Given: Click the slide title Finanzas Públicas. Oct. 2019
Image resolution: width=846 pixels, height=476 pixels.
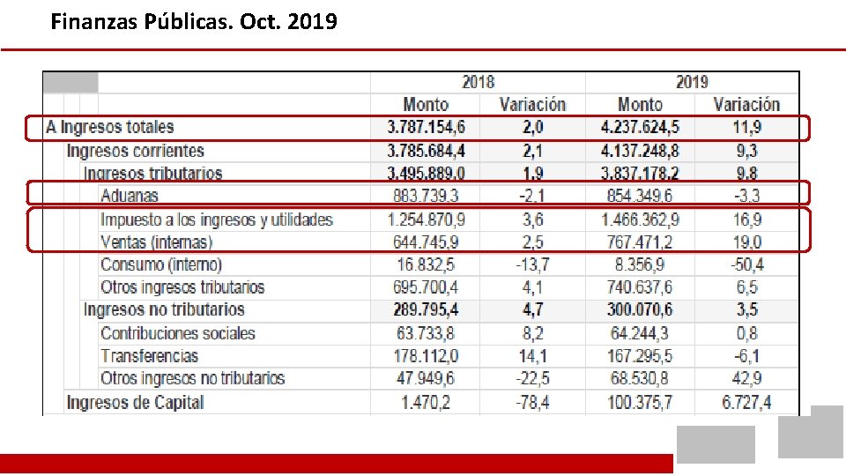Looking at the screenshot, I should click(194, 21).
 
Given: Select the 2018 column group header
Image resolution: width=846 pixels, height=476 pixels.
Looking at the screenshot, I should click(478, 82).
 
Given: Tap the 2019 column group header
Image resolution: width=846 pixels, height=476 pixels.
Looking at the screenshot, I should click(692, 82).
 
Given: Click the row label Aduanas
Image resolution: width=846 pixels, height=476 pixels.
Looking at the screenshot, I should click(130, 196).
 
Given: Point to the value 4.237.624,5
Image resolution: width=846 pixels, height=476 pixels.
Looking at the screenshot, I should click(640, 128).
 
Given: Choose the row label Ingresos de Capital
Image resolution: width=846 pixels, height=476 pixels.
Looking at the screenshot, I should click(135, 403).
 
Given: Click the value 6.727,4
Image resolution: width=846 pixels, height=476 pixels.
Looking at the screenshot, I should click(746, 403).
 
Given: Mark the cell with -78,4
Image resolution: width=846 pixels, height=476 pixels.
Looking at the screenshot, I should click(532, 403).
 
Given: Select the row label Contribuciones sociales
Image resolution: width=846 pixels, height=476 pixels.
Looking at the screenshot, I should click(178, 333).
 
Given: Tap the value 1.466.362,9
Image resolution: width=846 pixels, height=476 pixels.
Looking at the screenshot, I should click(640, 219).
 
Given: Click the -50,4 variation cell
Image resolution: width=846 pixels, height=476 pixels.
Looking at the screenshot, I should click(746, 264).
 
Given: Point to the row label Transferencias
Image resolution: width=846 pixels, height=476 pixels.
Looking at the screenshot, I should click(150, 356).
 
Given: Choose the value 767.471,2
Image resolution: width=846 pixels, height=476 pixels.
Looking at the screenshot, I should click(640, 242).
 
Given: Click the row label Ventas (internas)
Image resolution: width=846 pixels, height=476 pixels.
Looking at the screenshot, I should click(157, 242).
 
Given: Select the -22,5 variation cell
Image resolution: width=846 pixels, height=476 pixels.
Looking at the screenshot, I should click(532, 379).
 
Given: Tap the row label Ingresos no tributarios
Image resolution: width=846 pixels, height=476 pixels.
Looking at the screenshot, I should click(164, 310).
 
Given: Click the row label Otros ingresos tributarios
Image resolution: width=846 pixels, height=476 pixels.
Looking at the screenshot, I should click(182, 287).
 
